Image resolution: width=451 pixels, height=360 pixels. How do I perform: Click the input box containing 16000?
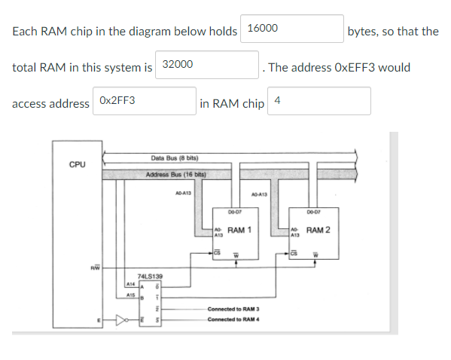point(292,29)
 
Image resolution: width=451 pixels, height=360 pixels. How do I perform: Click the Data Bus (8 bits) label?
point(174,158)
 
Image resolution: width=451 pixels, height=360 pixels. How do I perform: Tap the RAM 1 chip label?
point(239,230)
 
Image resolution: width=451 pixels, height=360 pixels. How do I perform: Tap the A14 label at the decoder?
point(130,285)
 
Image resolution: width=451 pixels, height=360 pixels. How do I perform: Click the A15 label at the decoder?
point(130,296)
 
